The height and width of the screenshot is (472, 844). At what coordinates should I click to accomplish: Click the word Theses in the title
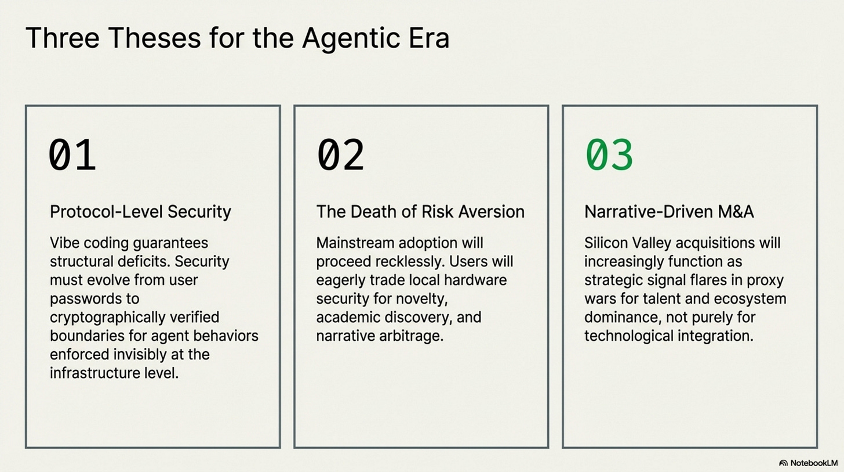point(155,38)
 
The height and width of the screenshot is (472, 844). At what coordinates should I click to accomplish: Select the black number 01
point(72,155)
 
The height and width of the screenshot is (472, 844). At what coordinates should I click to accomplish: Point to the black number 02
point(341,155)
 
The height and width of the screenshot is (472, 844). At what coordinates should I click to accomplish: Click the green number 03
point(609,155)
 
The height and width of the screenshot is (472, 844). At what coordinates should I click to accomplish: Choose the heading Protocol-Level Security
point(140,212)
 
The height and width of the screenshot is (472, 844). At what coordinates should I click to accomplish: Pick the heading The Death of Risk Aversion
point(420,212)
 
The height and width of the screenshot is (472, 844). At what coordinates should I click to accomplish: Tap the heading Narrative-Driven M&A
point(669,212)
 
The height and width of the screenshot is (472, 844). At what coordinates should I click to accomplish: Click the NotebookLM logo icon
point(783,463)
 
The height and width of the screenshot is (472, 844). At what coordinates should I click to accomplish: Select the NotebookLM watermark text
point(814,463)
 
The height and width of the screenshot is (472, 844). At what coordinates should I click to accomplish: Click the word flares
point(722,280)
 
